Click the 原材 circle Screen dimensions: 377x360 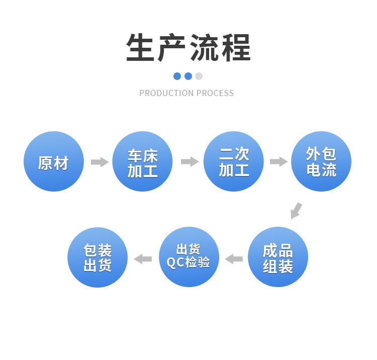(x=53, y=161)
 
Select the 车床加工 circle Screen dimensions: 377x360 (x=142, y=161)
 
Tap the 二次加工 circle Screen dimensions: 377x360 (x=234, y=161)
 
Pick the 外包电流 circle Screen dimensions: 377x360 (x=321, y=161)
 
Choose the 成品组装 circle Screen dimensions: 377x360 (x=278, y=257)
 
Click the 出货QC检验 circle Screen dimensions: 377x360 (x=189, y=257)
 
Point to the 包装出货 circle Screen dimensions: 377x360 (x=98, y=257)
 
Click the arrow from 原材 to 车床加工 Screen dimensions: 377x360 (x=100, y=162)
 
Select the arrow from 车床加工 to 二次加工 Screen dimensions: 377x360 (x=190, y=162)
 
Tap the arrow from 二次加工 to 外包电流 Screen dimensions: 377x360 (x=278, y=162)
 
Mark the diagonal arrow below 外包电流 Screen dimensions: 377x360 (x=296, y=210)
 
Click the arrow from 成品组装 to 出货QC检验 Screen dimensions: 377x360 (x=234, y=259)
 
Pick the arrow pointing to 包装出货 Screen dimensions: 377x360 (x=143, y=259)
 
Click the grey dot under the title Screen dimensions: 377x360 (x=199, y=76)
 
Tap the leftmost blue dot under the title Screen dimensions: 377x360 (x=177, y=76)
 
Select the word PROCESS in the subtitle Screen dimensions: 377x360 (x=215, y=93)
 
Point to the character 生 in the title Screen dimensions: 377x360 (x=141, y=48)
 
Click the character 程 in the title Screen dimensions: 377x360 (x=235, y=48)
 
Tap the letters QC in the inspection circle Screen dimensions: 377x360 (x=176, y=262)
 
